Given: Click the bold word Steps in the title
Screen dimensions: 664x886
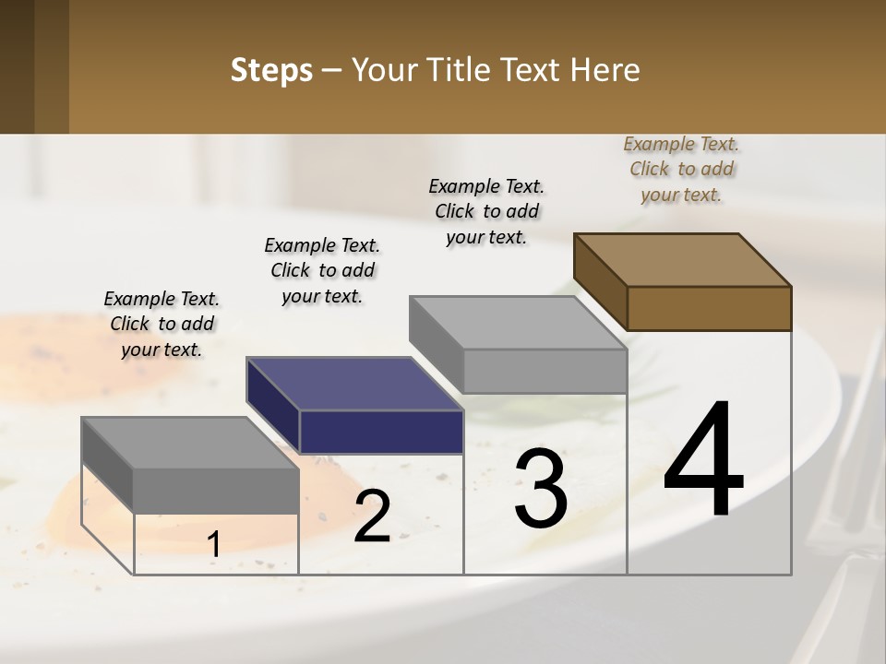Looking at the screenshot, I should click(x=271, y=70).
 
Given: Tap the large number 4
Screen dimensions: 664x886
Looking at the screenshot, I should click(x=703, y=461).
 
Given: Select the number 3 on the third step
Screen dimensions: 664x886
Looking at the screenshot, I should click(x=541, y=489).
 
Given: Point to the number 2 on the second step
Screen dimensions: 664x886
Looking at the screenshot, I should click(x=372, y=517).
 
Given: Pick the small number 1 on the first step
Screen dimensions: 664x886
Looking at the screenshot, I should click(x=213, y=545).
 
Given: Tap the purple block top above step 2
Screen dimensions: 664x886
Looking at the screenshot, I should click(x=353, y=383).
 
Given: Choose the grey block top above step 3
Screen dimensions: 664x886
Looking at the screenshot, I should click(x=517, y=323).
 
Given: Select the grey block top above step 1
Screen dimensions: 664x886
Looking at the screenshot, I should click(x=189, y=443).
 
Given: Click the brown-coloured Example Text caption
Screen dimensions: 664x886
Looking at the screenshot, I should click(x=681, y=169).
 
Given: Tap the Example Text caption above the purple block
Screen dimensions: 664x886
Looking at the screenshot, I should click(x=322, y=270).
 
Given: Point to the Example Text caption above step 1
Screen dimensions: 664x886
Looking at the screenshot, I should click(x=162, y=324).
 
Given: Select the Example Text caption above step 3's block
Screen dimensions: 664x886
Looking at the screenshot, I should click(x=486, y=211).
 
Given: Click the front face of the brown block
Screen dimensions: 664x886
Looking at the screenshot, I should click(x=709, y=308).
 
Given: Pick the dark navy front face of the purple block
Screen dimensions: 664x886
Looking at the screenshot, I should click(x=380, y=432).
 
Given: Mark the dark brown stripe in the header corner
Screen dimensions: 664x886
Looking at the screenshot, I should click(x=52, y=66).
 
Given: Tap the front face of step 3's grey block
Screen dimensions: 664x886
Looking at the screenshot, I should click(x=545, y=371).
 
